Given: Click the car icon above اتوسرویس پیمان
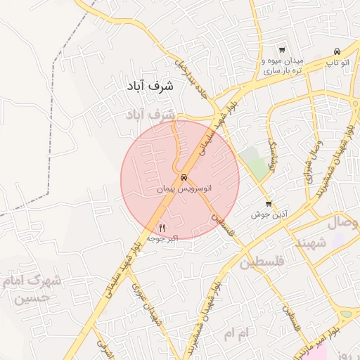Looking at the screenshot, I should pos(184,178).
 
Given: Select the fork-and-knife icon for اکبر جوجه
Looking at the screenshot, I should pos(162,227).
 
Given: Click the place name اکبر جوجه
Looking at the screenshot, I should pos(162,238).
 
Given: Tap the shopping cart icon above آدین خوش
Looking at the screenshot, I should pos(269,204).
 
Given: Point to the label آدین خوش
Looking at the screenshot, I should pos(267,214).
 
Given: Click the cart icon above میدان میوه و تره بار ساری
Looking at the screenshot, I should pos(282,50).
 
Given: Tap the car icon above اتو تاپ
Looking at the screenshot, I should pos(337,51).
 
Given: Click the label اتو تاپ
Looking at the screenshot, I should pos(337,63).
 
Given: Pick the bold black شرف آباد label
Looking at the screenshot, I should pos(150,86).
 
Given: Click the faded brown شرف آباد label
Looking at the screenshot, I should pos(149,113).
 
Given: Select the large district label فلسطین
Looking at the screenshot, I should pos(264,263).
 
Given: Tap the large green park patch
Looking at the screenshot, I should pos(255,163).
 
